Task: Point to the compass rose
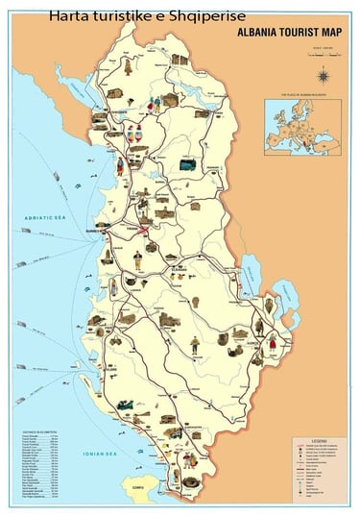(324, 76)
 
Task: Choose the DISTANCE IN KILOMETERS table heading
(37, 433)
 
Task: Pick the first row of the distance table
(37, 439)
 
